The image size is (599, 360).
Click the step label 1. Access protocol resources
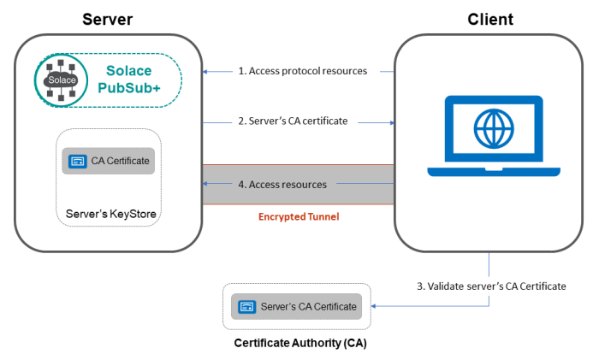point(302,71)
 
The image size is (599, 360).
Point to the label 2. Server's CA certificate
point(293,121)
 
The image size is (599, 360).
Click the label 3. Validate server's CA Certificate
point(491,286)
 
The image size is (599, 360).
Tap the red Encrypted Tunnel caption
point(299,216)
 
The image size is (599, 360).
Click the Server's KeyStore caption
point(108,211)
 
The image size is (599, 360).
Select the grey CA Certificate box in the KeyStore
point(108,161)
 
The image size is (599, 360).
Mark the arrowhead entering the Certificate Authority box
point(372,305)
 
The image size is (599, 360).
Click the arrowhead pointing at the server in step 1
point(206,71)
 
